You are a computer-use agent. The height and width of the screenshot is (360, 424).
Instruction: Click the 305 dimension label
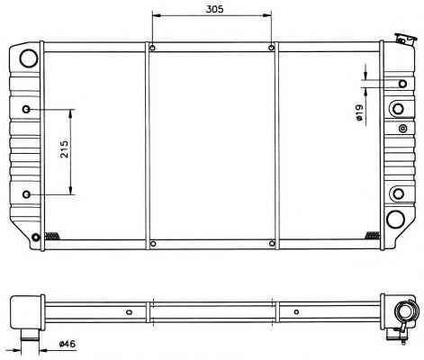tap(214, 9)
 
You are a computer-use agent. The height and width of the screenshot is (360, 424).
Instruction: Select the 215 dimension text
tap(65, 148)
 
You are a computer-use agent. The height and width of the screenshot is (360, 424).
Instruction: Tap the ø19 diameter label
tap(359, 112)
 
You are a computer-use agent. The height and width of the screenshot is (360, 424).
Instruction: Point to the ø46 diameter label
tap(68, 344)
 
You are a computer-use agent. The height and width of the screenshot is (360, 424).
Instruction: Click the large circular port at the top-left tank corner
tap(29, 58)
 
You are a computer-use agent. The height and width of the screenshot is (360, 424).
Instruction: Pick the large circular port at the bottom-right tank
tap(395, 219)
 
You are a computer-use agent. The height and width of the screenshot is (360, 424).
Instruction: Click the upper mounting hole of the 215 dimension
tap(26, 109)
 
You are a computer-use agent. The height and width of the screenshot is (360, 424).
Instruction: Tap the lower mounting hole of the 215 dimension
tap(26, 194)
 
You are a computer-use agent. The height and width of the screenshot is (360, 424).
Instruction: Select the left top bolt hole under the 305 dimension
tap(152, 48)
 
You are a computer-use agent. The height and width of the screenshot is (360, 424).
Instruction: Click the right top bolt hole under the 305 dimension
tap(271, 48)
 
